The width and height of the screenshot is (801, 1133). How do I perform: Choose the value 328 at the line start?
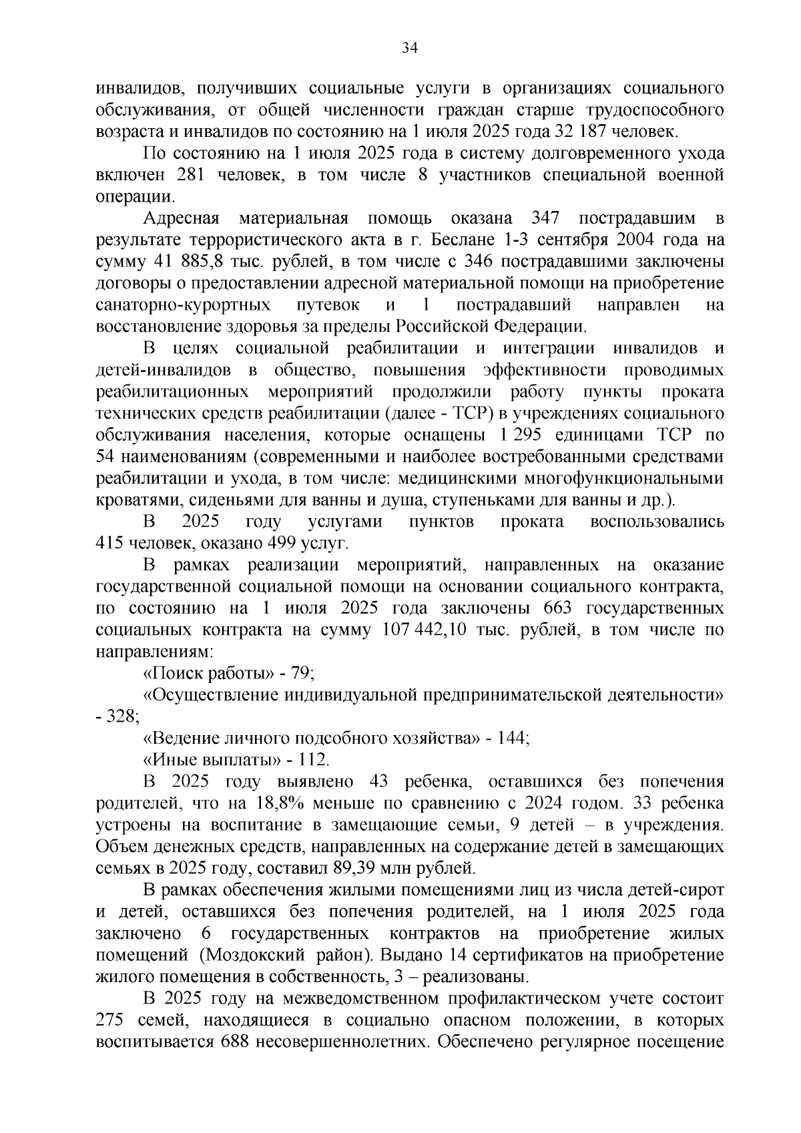coord(123,716)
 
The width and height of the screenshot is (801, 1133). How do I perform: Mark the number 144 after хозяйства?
coord(511,738)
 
